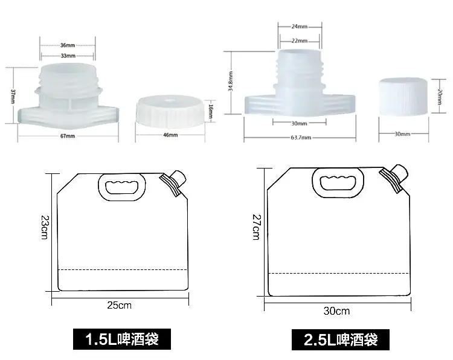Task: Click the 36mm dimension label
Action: [68, 45]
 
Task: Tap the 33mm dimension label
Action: [68, 56]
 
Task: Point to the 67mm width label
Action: [68, 136]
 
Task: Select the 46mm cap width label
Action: [170, 135]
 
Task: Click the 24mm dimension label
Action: [300, 27]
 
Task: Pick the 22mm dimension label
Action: [300, 40]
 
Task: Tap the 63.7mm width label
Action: [301, 138]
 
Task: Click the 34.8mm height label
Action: [231, 81]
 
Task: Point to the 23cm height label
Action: [45, 227]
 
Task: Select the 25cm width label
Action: [120, 305]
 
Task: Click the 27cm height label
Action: [256, 227]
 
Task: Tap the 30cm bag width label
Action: [336, 311]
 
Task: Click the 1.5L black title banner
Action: [122, 339]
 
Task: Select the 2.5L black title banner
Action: [340, 339]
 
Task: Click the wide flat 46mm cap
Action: [170, 112]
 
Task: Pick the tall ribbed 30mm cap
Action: [403, 97]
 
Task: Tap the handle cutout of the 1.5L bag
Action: [122, 187]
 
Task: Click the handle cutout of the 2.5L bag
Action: [338, 182]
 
